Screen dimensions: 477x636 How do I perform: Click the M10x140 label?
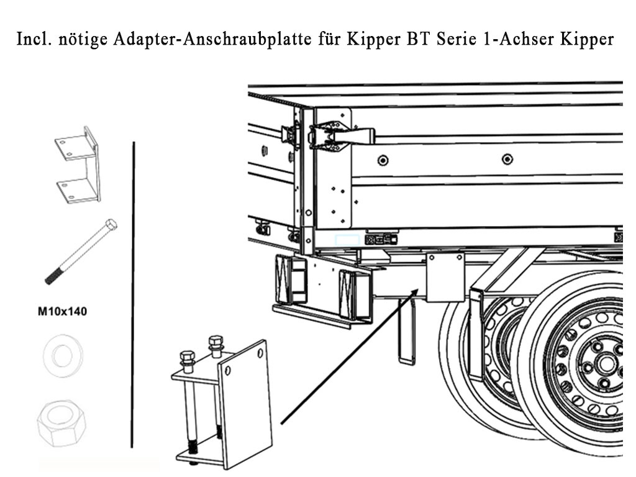[62, 312]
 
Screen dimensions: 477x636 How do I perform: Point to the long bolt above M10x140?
[81, 252]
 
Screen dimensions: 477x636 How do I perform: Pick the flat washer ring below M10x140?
[62, 356]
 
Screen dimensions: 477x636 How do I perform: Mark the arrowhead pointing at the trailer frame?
[414, 294]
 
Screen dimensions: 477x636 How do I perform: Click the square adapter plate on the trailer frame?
[445, 276]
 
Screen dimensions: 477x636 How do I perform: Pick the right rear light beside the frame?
[356, 294]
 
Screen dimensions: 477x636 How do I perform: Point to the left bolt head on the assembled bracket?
[187, 358]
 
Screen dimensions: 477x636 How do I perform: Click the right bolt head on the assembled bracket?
[216, 342]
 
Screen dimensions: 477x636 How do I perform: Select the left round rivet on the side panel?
[383, 160]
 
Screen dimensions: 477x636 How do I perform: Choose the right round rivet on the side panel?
[507, 160]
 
